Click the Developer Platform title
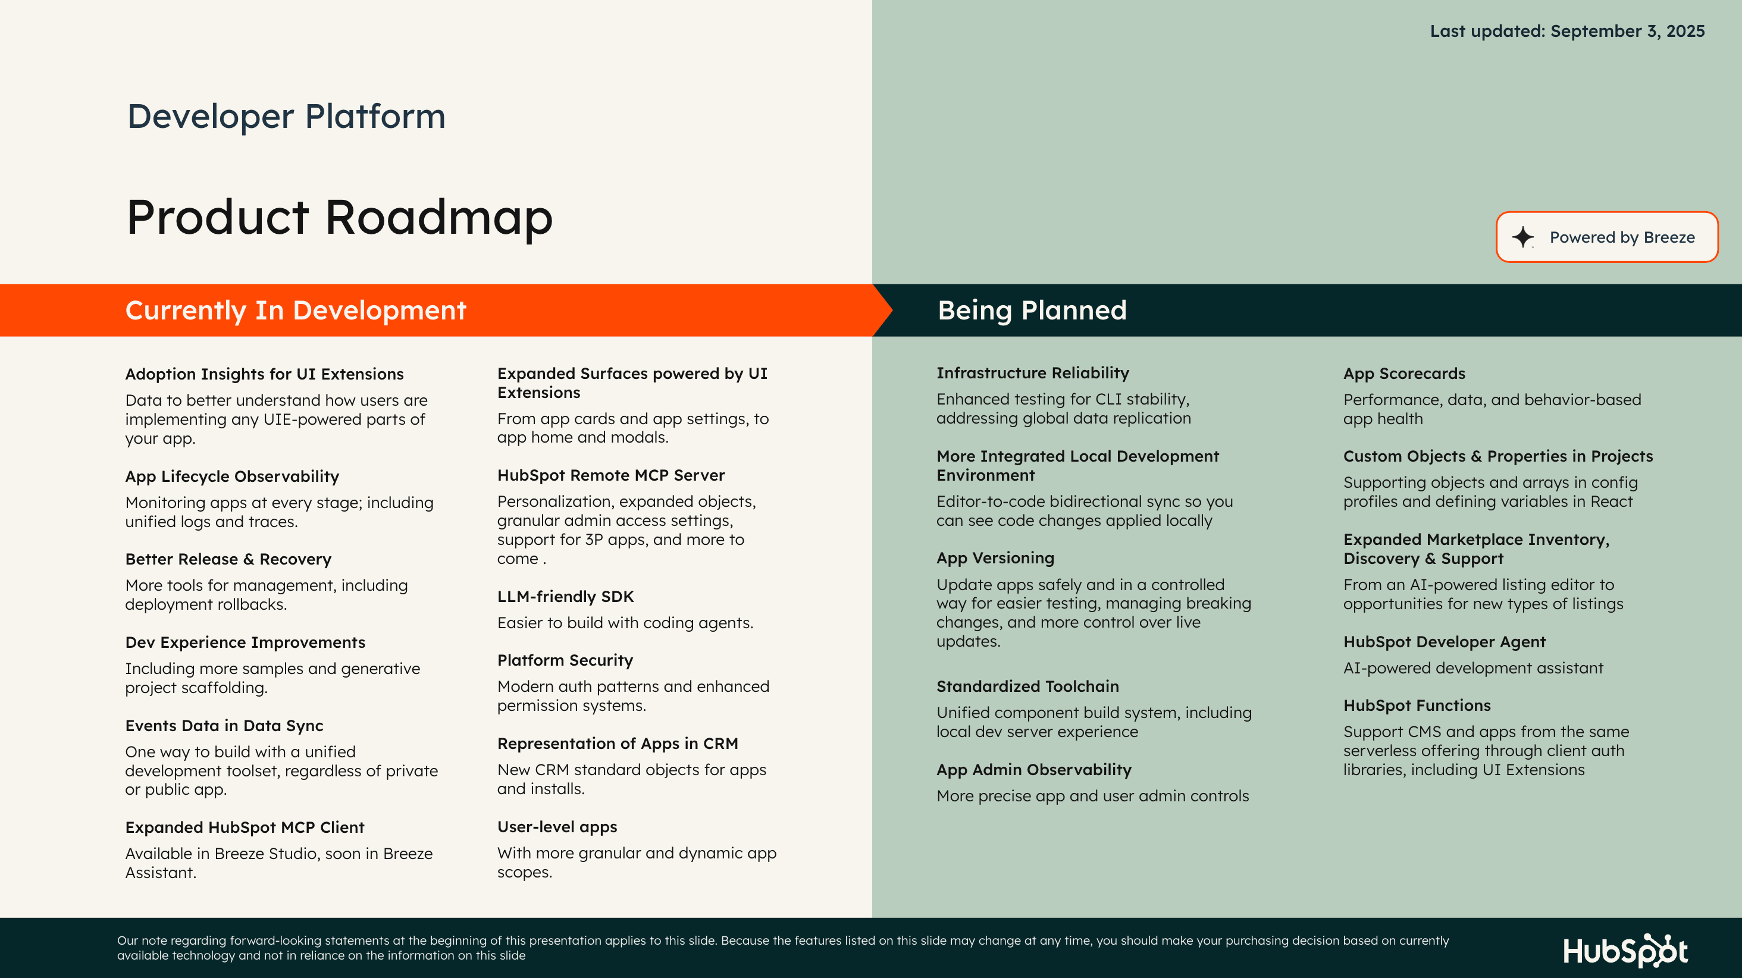[x=286, y=117]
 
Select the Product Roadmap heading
[x=340, y=217]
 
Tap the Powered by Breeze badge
[x=1607, y=237]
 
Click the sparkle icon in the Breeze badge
[x=1522, y=237]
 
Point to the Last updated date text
[x=1567, y=31]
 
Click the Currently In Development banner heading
[x=296, y=311]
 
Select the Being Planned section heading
[x=1032, y=311]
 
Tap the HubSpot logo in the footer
[x=1625, y=950]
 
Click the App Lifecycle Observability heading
[x=232, y=477]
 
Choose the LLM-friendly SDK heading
[x=565, y=597]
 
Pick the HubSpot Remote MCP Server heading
[x=610, y=475]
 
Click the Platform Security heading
[x=565, y=660]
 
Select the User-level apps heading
[x=557, y=826]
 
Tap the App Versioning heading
[x=995, y=558]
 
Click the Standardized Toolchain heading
[x=1027, y=687]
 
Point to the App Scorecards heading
[x=1404, y=374]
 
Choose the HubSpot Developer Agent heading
[x=1445, y=642]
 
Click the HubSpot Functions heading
[x=1417, y=706]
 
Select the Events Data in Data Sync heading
[x=224, y=726]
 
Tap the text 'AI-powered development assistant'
[x=1473, y=668]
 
